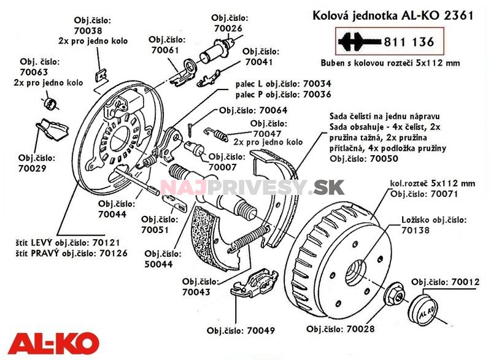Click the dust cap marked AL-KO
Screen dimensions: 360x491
(425, 311)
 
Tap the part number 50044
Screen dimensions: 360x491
(160, 265)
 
